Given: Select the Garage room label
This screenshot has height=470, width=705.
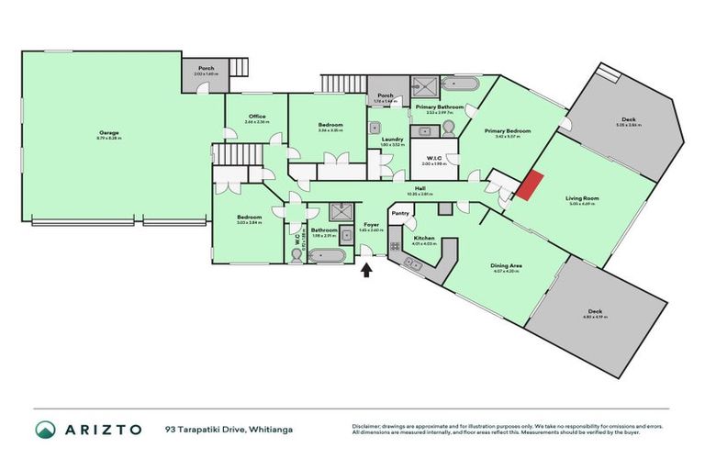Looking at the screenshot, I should click(x=109, y=134).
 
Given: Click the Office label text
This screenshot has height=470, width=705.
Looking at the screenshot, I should click(x=257, y=117).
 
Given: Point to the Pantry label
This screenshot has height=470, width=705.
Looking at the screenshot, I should click(x=399, y=213).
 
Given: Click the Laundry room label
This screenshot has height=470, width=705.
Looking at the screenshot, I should click(x=392, y=140).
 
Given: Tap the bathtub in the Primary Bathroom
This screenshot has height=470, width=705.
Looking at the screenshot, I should click(x=459, y=84).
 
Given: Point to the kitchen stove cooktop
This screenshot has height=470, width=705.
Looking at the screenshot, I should click(x=395, y=246).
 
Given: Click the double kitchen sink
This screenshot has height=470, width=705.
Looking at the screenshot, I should click(x=414, y=264).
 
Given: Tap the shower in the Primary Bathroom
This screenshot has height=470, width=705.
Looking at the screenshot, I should click(x=424, y=86).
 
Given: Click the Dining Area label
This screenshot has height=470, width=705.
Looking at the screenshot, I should click(x=505, y=266).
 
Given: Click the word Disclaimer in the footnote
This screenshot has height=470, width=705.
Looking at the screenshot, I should click(x=365, y=426).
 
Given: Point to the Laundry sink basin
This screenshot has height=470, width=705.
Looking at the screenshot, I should click(x=375, y=128).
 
